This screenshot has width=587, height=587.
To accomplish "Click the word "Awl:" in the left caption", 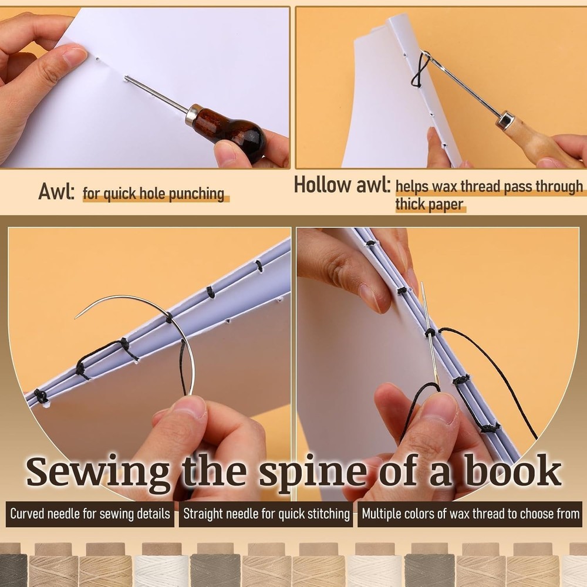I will (56, 191).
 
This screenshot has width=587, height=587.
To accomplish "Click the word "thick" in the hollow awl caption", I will (411, 205).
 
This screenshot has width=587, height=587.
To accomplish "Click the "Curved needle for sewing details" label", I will (90, 514).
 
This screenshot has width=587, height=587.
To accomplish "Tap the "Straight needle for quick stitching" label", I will (266, 514).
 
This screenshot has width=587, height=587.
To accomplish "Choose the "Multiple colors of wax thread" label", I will (470, 514).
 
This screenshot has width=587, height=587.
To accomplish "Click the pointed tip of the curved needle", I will (76, 318).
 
